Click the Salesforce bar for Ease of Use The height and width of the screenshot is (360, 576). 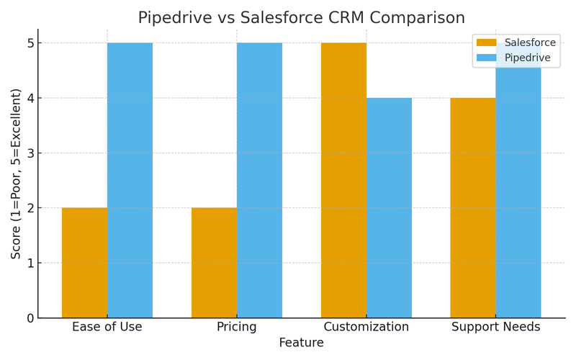tap(84, 263)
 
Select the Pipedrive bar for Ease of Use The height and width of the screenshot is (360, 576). tap(130, 180)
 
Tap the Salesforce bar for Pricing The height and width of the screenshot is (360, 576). tap(214, 263)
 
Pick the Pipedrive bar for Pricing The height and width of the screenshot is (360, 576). tap(259, 180)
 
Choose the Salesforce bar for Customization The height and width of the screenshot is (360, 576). tap(343, 180)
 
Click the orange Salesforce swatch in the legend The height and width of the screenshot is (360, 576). tap(487, 43)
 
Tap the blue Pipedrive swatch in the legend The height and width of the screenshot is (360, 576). tap(487, 58)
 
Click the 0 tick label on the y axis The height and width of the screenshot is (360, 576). tap(30, 318)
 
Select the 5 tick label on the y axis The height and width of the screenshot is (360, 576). tap(30, 43)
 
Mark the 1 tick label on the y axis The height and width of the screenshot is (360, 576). tap(30, 264)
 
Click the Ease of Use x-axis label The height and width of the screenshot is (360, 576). tap(107, 328)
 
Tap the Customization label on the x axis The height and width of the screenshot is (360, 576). tap(366, 328)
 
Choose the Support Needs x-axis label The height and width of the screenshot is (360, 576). tap(495, 328)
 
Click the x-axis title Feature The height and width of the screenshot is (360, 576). tap(301, 343)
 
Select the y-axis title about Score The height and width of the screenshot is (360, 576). tap(16, 174)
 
